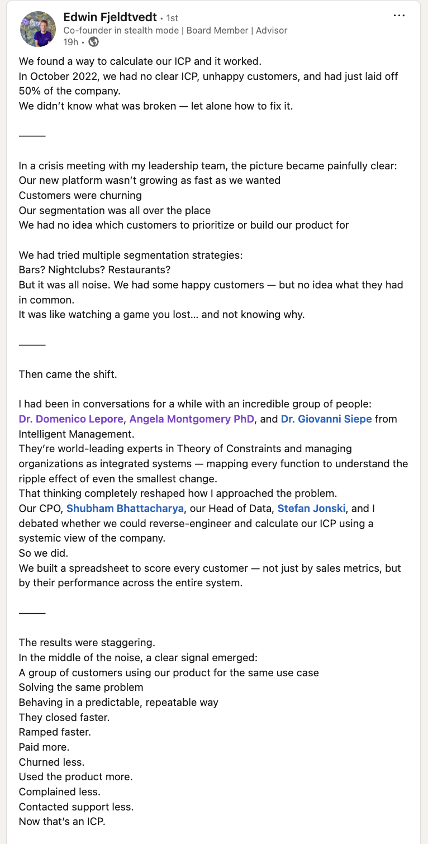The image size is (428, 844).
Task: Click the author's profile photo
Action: coord(37,29)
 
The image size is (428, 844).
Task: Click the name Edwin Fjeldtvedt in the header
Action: coord(110,18)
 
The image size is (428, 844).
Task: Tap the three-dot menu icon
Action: coord(399,16)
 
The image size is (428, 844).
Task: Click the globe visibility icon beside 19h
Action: coord(94,42)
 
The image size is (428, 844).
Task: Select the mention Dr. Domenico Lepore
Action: coord(71,419)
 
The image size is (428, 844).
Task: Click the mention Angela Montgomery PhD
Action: coord(192,419)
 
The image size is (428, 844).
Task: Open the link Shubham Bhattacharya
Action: coord(125,509)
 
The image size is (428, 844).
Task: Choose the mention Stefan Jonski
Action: coord(311,509)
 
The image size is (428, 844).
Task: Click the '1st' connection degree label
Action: coord(172,18)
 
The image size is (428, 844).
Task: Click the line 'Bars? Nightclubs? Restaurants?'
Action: coord(94,270)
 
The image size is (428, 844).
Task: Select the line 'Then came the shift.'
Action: coord(68,374)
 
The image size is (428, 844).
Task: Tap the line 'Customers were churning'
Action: coord(80,196)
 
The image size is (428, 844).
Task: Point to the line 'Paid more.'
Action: coord(44,747)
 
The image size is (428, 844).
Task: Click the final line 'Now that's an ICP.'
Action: coord(61,822)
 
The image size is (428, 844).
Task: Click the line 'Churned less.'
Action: coord(51,762)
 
